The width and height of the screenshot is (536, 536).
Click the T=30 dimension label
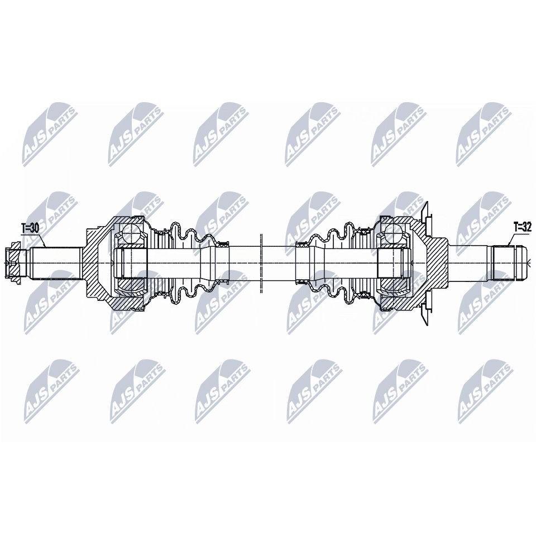click(x=30, y=228)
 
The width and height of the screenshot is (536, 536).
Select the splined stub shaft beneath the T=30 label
click(x=55, y=263)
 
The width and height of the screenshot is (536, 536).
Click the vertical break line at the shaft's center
click(x=261, y=263)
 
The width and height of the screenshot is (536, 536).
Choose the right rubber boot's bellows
click(x=333, y=263)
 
